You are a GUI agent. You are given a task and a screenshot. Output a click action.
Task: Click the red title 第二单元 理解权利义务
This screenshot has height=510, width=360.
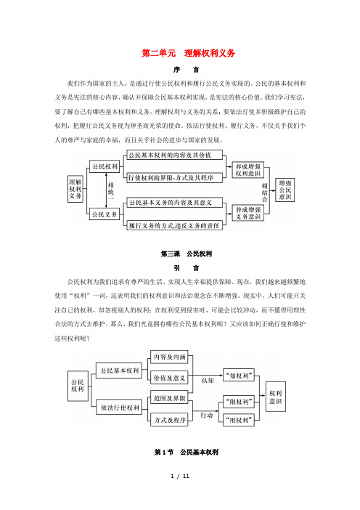click(188, 53)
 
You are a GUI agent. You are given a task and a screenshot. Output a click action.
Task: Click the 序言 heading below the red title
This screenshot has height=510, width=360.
click(187, 70)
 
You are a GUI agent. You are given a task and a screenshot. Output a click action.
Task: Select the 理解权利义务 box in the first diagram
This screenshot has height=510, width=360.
click(75, 189)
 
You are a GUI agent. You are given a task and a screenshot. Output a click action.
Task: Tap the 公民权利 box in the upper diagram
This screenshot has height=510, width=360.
click(105, 166)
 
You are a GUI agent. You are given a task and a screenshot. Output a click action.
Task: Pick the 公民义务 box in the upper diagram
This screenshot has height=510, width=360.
click(105, 214)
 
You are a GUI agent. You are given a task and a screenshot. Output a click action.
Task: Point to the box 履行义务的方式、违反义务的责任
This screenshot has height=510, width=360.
click(174, 225)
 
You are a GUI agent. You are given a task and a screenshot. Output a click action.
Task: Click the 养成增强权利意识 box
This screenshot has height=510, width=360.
click(248, 170)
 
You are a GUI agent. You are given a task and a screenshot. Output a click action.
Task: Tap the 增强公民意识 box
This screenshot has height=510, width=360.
click(285, 190)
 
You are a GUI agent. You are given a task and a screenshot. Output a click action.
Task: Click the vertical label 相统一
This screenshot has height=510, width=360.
click(111, 190)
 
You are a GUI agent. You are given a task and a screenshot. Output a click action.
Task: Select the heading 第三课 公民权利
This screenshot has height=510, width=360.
click(187, 254)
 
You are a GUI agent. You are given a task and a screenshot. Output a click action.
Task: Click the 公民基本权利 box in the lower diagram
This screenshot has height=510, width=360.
click(119, 371)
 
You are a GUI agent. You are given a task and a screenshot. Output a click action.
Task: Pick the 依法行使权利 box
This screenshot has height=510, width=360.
click(120, 408)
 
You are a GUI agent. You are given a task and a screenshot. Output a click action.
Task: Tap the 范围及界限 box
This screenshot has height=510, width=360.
click(170, 398)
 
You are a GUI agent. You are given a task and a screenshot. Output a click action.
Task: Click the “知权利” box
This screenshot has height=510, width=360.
click(239, 376)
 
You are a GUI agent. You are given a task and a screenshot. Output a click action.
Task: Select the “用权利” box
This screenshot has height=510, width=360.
click(239, 420)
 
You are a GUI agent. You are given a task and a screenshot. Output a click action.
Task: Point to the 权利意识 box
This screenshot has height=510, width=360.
click(276, 397)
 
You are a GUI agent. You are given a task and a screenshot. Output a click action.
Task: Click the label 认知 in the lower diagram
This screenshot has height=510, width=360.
click(208, 380)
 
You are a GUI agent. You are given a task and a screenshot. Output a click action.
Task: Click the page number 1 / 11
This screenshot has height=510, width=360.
click(180, 476)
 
